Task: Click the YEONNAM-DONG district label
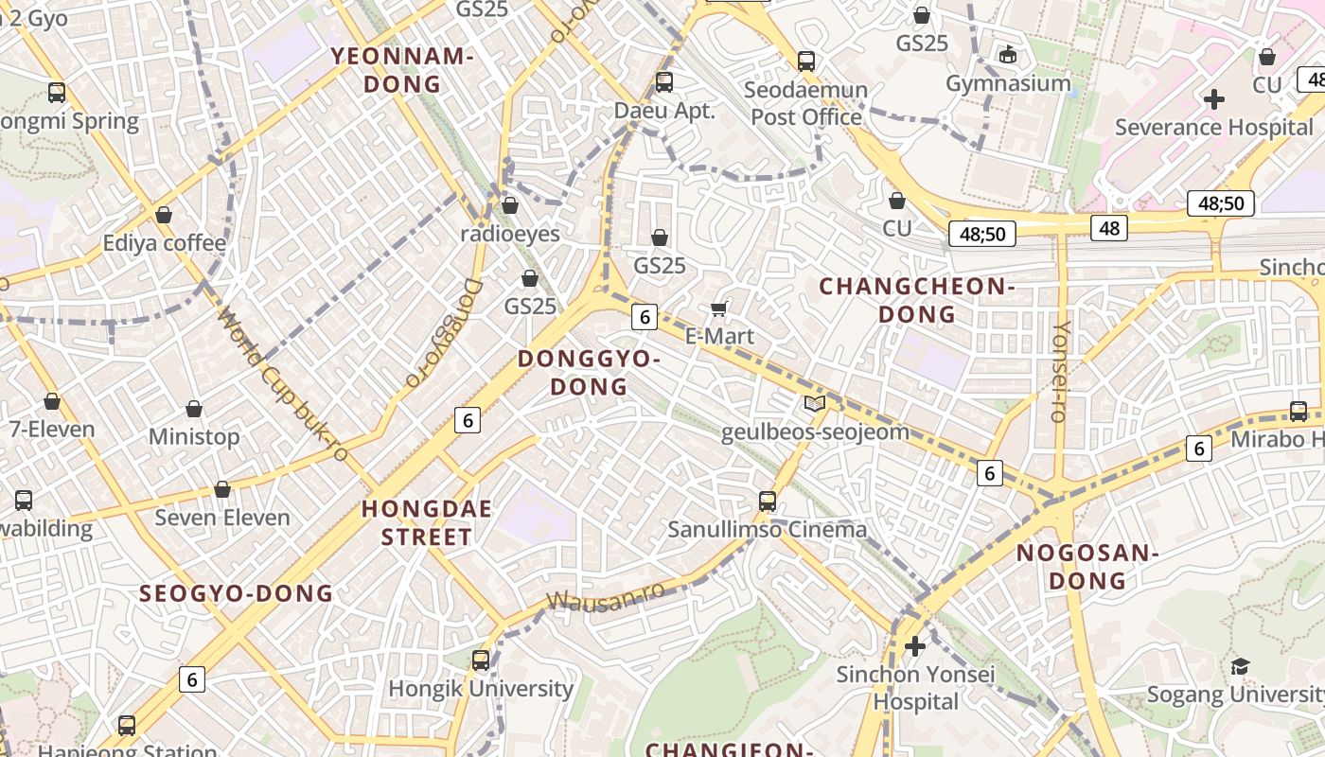pyautogui.click(x=401, y=70)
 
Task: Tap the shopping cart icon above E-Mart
pyautogui.click(x=719, y=308)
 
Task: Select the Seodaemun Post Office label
pyautogui.click(x=806, y=103)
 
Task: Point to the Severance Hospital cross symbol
pyautogui.click(x=1214, y=98)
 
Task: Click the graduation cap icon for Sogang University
pyautogui.click(x=1240, y=667)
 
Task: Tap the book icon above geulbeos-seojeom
pyautogui.click(x=814, y=404)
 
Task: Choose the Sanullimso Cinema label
pyautogui.click(x=768, y=529)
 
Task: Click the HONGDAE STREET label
pyautogui.click(x=427, y=522)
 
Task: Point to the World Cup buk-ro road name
pyautogui.click(x=282, y=383)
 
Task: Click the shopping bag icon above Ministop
pyautogui.click(x=194, y=409)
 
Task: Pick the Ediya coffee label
pyautogui.click(x=165, y=243)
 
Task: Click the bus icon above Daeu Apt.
pyautogui.click(x=664, y=82)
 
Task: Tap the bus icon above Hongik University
pyautogui.click(x=481, y=660)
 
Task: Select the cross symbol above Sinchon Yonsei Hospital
pyautogui.click(x=915, y=646)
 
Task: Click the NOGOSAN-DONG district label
pyautogui.click(x=1087, y=566)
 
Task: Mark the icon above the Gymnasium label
pyautogui.click(x=1008, y=55)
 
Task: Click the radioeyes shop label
pyautogui.click(x=510, y=234)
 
